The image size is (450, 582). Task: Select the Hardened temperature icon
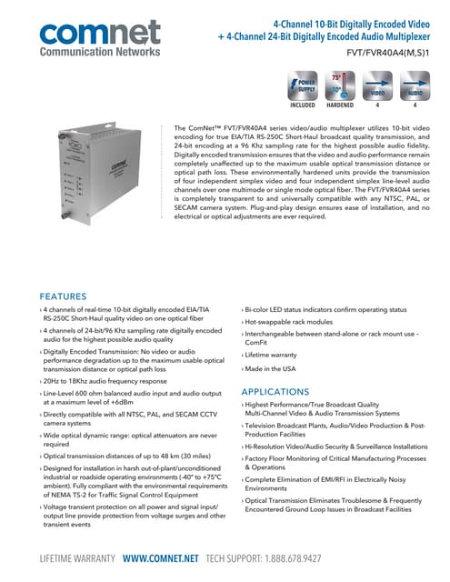340,89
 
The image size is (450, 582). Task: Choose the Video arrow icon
378,89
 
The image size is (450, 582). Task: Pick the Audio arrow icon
414,89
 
